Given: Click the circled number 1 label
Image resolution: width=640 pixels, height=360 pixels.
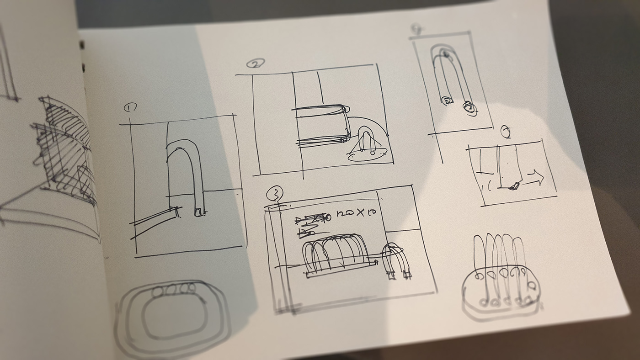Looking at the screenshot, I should click(x=130, y=108).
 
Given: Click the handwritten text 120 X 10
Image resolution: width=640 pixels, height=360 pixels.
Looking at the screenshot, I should click(x=352, y=213).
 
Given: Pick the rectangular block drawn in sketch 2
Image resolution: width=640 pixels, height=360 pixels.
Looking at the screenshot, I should click(x=322, y=126).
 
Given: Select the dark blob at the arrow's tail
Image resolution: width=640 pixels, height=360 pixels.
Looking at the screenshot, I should click(x=515, y=185).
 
